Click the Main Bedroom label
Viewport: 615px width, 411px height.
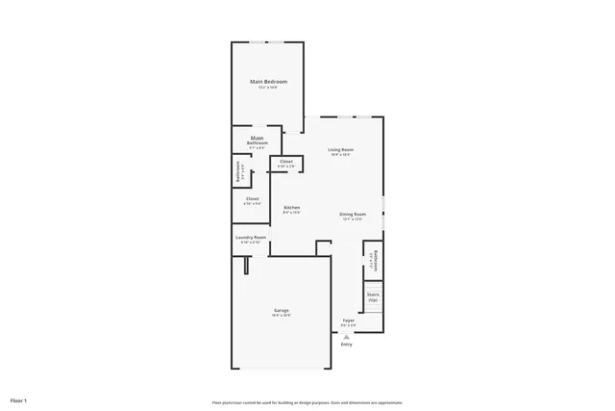[268, 82]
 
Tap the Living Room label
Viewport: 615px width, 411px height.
[341, 150]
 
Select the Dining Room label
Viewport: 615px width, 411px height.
[353, 214]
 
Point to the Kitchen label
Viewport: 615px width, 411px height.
[291, 207]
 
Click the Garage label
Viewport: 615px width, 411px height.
[282, 310]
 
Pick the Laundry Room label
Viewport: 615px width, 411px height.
[251, 237]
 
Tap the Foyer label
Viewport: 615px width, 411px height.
[349, 320]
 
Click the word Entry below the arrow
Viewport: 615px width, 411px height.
[346, 344]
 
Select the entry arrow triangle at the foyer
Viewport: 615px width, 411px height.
[346, 335]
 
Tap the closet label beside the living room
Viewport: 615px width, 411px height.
[286, 162]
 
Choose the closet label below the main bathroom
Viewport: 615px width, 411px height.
[252, 199]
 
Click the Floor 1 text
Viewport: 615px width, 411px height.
[18, 399]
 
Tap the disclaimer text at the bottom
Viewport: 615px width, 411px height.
[307, 402]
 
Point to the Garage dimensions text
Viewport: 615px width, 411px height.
[282, 315]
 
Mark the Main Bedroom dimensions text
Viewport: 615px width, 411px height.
[268, 88]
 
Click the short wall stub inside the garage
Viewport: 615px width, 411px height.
[247, 265]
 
